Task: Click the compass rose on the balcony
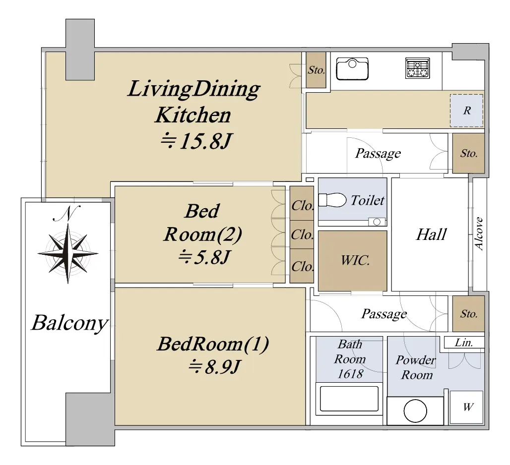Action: [x=67, y=253]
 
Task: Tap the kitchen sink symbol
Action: [x=352, y=68]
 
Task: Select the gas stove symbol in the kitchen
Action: [x=418, y=68]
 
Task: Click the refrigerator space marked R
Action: [x=466, y=111]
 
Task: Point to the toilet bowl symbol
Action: [x=332, y=200]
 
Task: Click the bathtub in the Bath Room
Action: [x=349, y=399]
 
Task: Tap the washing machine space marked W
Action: [x=466, y=407]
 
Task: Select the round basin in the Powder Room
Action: [x=415, y=411]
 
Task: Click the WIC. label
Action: [x=355, y=260]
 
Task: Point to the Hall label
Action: [x=431, y=234]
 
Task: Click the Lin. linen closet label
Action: [x=464, y=343]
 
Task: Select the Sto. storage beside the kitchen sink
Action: [x=316, y=70]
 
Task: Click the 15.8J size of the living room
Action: [x=196, y=141]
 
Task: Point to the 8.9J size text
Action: [x=214, y=367]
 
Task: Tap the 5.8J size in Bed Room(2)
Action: [x=204, y=257]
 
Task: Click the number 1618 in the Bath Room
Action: [x=350, y=374]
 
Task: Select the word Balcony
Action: [x=69, y=323]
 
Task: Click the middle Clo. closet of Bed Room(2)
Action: [x=302, y=234]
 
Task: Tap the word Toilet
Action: [x=368, y=200]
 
